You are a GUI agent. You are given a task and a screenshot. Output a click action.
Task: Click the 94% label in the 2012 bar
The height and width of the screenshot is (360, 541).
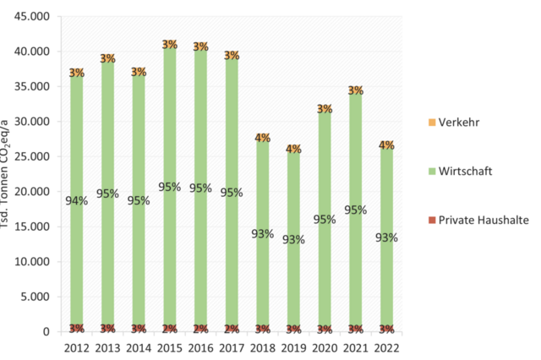76,199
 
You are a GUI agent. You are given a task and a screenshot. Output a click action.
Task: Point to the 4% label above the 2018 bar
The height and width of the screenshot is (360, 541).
262,138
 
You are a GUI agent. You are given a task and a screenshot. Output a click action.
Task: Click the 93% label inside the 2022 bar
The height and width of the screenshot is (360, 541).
386,237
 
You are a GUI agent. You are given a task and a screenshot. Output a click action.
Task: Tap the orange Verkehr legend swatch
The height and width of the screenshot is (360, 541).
433,123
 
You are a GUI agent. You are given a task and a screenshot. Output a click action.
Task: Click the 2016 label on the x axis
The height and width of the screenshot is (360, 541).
200,346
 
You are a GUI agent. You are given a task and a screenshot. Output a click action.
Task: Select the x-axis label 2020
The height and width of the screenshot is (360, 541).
325,346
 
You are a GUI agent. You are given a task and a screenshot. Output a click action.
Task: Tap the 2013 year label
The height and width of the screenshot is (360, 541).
107,346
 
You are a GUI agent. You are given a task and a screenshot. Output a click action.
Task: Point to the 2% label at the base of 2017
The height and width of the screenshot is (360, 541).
232,329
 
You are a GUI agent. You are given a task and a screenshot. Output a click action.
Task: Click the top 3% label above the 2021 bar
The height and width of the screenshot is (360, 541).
355,90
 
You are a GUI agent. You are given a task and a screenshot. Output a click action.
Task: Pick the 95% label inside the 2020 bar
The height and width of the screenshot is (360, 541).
325,220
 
